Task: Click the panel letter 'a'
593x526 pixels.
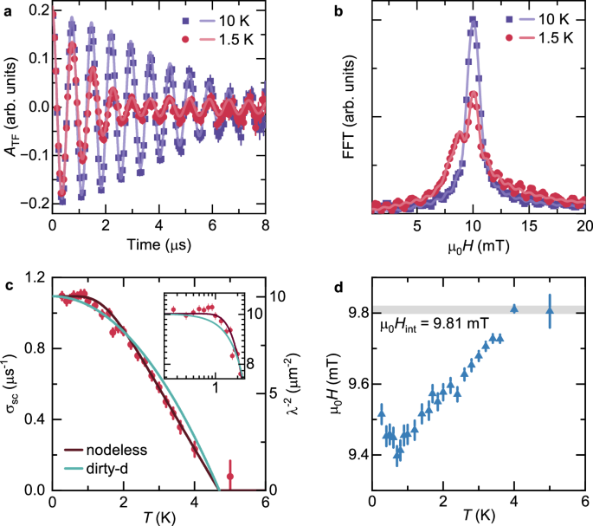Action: tap(7, 9)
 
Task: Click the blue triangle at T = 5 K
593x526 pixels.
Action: tap(550, 310)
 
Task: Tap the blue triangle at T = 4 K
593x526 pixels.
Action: tap(514, 308)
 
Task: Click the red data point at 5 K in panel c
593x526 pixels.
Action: tap(230, 477)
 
